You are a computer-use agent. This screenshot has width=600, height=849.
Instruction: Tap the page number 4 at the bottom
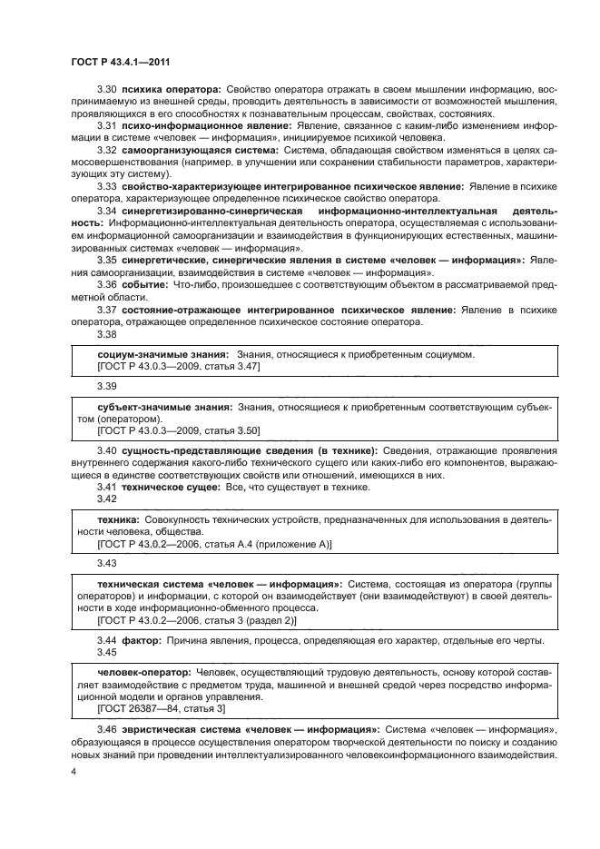[x=74, y=772]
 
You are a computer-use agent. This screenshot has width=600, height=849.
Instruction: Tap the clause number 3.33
[x=107, y=185]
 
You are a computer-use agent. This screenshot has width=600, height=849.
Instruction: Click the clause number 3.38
[x=107, y=333]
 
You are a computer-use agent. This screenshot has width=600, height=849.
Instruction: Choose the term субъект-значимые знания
[x=162, y=408]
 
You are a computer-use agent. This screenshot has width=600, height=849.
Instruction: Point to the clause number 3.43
[x=107, y=562]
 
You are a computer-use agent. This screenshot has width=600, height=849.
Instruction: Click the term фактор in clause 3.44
[x=141, y=641]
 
